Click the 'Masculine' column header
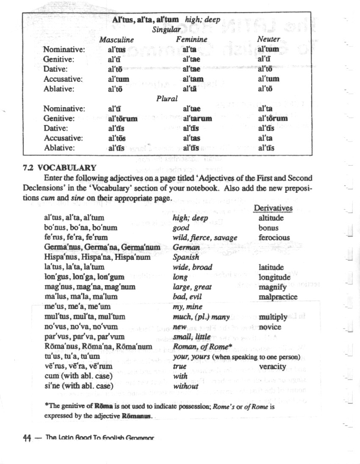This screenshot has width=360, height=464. (x=116, y=40)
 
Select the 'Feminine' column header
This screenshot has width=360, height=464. (x=192, y=39)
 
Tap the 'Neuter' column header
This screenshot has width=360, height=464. (x=269, y=39)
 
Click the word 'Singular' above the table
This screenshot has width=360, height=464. (x=166, y=30)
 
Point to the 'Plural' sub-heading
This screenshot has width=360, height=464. (x=167, y=99)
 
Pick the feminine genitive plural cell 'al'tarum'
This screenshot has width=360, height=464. (x=197, y=119)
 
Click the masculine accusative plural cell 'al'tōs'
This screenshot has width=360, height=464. (x=117, y=138)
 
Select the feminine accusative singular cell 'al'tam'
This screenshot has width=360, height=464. (x=193, y=79)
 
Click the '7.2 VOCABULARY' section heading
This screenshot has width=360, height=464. (x=59, y=167)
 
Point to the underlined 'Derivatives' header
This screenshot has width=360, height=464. (x=273, y=208)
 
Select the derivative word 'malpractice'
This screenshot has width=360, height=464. (x=278, y=297)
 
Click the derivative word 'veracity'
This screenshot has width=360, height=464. (x=272, y=367)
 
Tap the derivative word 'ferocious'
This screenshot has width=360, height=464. (x=274, y=238)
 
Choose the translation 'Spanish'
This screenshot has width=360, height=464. (x=186, y=257)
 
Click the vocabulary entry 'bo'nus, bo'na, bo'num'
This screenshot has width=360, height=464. (x=80, y=228)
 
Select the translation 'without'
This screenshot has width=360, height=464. (x=186, y=386)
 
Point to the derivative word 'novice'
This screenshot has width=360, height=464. (x=270, y=327)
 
